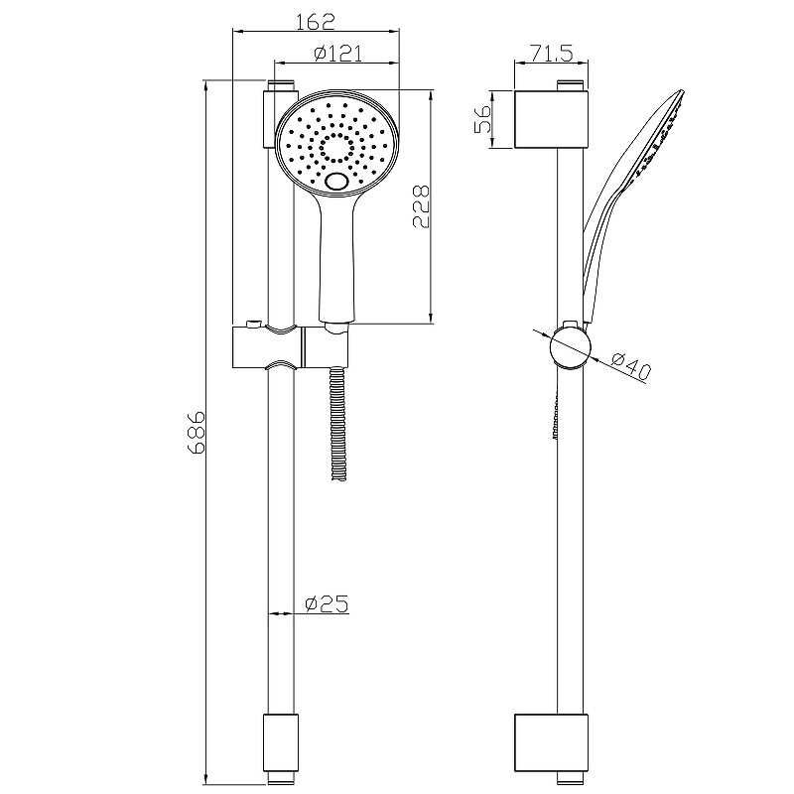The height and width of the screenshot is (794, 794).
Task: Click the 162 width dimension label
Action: point(316,21)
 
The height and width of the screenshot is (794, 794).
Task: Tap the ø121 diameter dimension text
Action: point(337,54)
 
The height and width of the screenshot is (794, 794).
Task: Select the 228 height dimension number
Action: point(421,206)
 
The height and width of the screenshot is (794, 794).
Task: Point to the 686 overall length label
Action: point(196,432)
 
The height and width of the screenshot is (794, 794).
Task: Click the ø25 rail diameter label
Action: point(327,603)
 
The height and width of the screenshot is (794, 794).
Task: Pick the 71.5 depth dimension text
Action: point(552,53)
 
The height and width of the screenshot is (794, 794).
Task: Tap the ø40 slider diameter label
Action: point(630,365)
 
